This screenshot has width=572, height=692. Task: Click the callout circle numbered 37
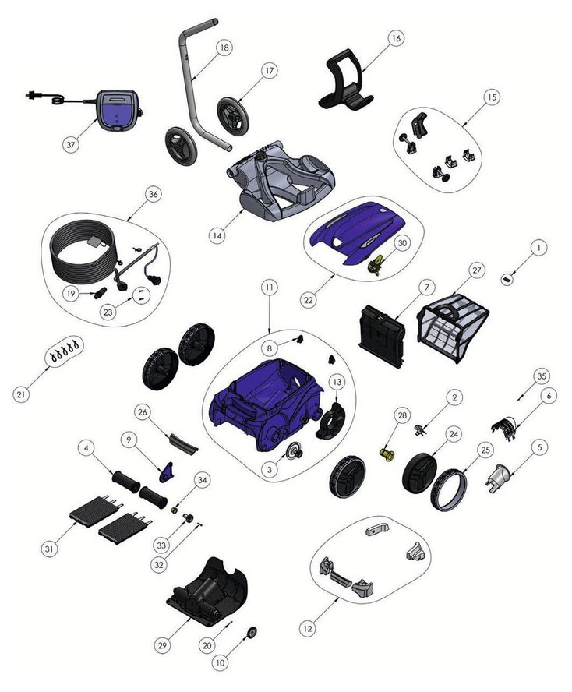71,144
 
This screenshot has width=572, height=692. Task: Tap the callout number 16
396,38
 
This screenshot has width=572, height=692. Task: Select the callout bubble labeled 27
477,270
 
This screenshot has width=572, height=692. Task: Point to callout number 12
308,628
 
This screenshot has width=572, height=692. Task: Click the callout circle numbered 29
162,645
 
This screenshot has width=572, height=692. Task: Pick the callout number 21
21,394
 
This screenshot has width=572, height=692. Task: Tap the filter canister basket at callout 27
453,327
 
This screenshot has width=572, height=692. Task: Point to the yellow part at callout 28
386,454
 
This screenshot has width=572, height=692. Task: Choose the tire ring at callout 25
448,491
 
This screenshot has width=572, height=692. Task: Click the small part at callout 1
507,279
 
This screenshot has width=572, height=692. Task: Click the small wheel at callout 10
252,633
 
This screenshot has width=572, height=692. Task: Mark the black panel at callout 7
382,336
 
